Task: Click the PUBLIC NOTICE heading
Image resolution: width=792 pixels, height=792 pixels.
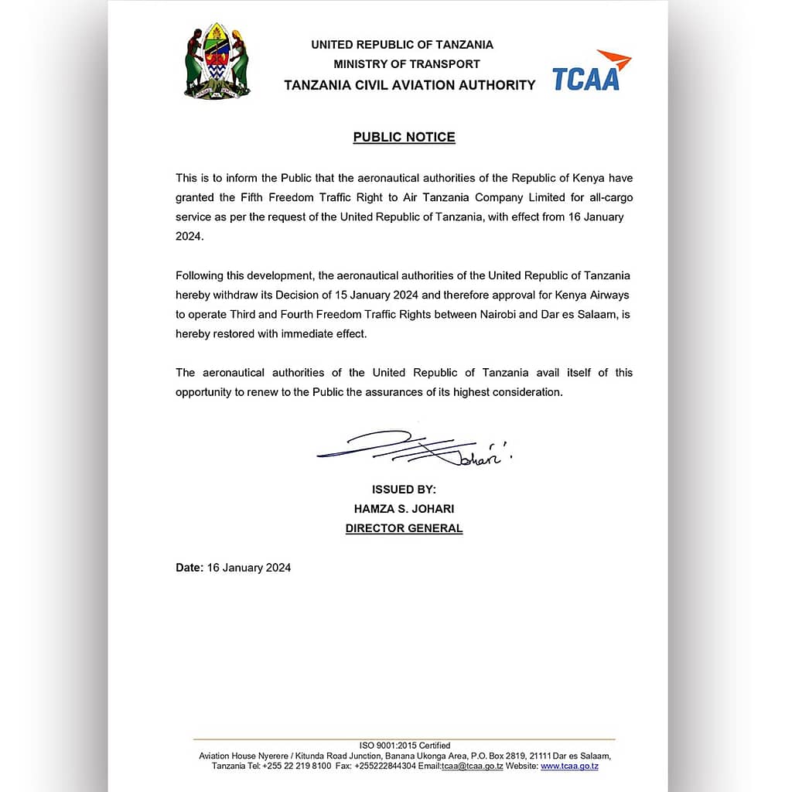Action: [404, 138]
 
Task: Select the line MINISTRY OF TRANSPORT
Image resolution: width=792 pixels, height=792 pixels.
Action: [407, 64]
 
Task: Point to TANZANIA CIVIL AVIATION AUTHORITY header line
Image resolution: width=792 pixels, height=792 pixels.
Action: [409, 85]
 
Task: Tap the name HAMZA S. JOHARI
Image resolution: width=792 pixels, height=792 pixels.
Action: [404, 509]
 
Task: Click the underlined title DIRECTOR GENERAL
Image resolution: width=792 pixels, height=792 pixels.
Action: [404, 529]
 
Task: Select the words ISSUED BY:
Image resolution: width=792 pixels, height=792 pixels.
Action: [404, 490]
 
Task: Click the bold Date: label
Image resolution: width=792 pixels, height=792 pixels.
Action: [189, 568]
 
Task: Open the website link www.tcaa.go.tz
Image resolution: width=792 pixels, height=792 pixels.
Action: [569, 766]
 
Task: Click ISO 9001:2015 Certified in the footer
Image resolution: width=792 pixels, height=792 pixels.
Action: [404, 746]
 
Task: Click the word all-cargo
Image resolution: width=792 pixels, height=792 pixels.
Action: [607, 197]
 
